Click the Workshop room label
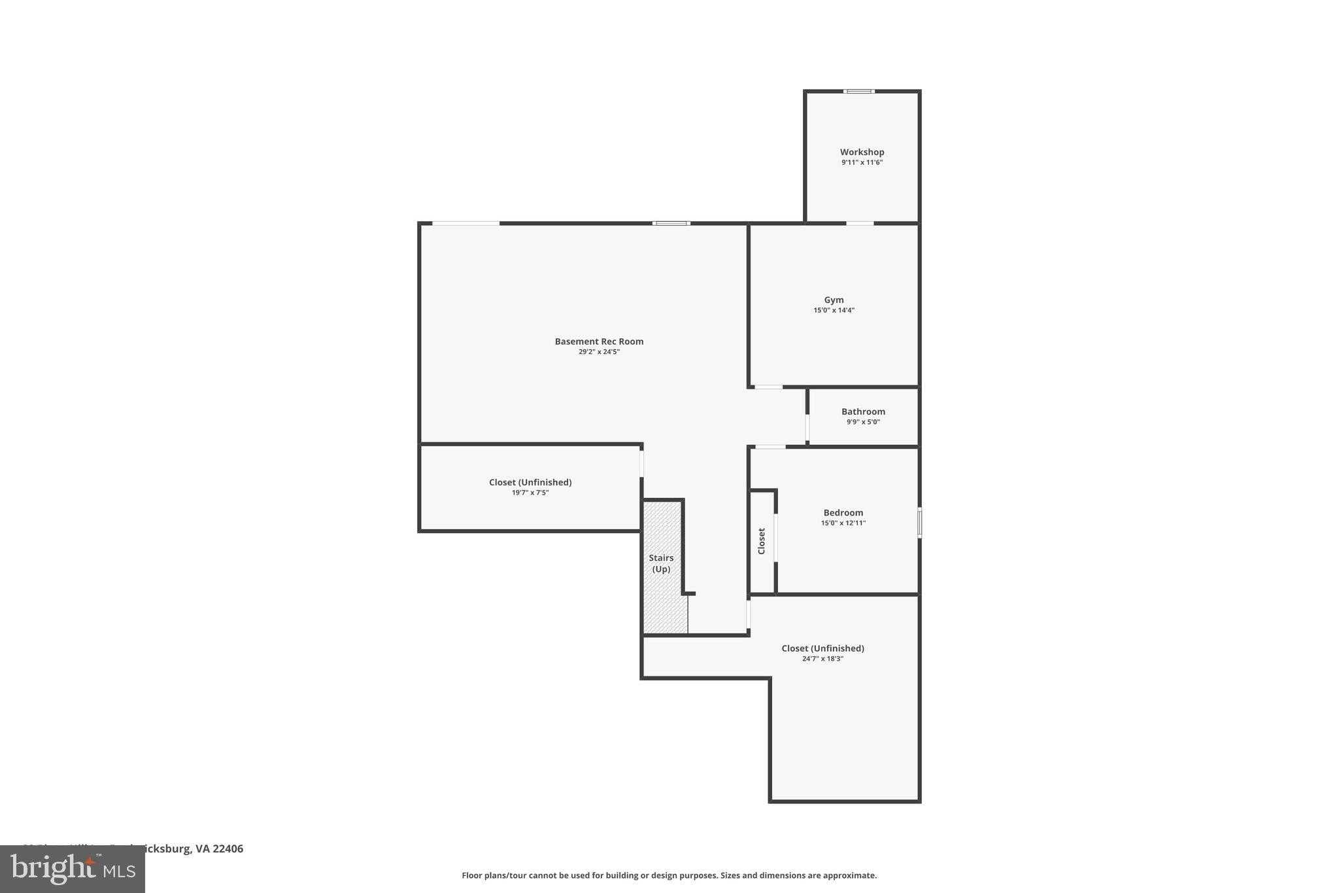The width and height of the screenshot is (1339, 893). click(862, 152)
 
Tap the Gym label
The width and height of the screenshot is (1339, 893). click(834, 300)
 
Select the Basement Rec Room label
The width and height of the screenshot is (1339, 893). click(599, 341)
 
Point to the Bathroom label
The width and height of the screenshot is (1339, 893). click(863, 411)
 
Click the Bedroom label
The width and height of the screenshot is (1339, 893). click(843, 512)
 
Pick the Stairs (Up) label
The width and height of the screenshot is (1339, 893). click(661, 563)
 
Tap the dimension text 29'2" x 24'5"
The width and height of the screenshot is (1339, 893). click(599, 352)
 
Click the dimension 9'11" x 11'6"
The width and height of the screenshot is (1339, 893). click(862, 162)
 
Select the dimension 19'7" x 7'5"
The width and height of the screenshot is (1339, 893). click(530, 493)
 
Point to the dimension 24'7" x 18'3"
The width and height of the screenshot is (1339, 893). click(822, 659)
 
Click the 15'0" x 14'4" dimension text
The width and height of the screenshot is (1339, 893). click(834, 310)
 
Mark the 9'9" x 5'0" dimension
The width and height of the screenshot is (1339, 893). click(863, 422)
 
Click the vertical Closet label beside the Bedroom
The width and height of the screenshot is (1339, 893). click(761, 541)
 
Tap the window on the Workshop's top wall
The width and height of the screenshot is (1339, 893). click(859, 92)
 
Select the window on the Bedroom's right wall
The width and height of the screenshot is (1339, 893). click(919, 523)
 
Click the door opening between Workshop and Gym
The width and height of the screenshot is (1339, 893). click(860, 224)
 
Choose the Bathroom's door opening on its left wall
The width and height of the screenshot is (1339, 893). click(807, 428)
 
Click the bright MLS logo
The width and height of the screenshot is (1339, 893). click(73, 869)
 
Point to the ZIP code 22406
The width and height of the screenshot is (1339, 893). click(228, 849)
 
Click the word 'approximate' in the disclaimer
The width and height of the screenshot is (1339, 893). click(849, 875)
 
